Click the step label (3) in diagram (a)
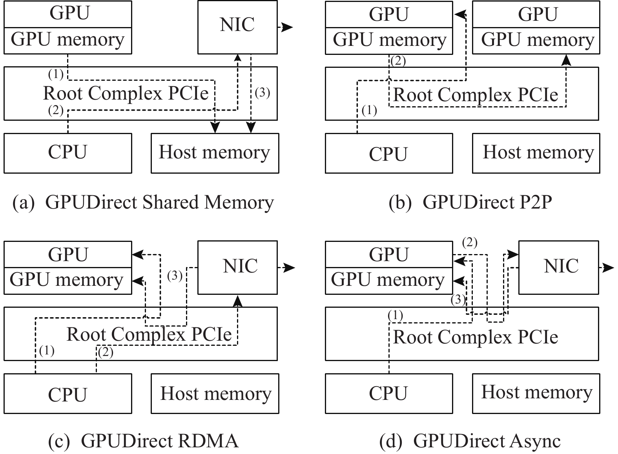(263, 93)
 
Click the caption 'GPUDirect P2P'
(470, 203)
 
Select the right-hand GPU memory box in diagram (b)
(536, 40)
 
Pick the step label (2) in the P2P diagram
(398, 61)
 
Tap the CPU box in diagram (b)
(388, 153)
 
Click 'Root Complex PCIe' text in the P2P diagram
(475, 95)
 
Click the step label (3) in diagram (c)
(175, 276)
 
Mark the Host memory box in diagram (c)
(215, 393)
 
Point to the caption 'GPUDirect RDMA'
(143, 441)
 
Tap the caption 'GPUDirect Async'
(470, 441)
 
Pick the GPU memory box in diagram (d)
(388, 280)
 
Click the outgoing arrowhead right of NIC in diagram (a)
(288, 27)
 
